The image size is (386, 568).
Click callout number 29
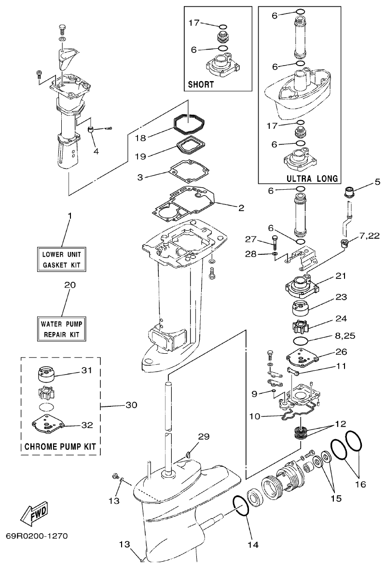[204, 436]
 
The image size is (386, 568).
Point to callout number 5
[377, 182]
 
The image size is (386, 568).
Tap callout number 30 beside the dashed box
[131, 405]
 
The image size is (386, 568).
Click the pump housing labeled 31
[45, 374]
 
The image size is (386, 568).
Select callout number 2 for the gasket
[241, 208]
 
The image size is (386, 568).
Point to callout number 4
[96, 151]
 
